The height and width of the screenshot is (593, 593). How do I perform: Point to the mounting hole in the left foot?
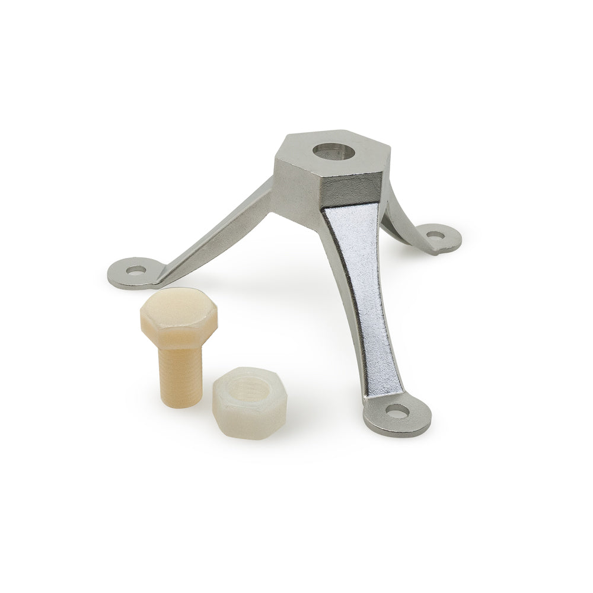136,270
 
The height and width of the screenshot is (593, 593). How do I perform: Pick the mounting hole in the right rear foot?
435,235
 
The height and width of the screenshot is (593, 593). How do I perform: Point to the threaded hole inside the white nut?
248,384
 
